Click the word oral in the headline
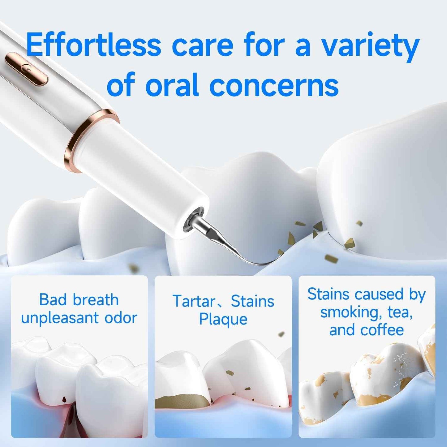[172, 85]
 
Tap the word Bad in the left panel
[53, 300]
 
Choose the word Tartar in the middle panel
[194, 301]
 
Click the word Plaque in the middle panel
[223, 319]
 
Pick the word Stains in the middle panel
[252, 301]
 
